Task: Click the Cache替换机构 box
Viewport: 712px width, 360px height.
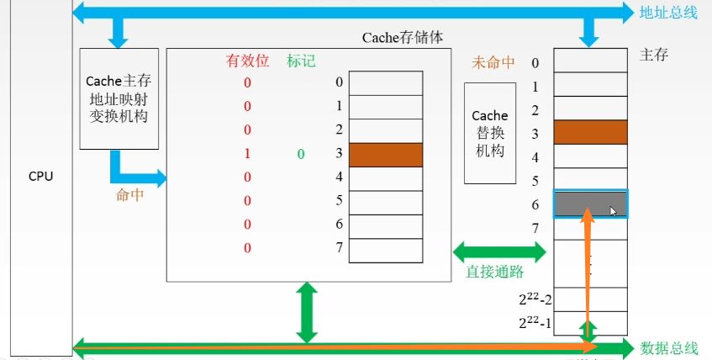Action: (x=490, y=133)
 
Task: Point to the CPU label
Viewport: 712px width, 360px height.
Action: (x=40, y=177)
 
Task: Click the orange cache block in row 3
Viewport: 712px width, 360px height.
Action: (x=386, y=155)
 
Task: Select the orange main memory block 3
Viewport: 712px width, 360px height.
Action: (x=590, y=133)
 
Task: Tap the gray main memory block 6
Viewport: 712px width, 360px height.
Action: (x=590, y=204)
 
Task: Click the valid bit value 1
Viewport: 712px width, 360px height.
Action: (x=248, y=154)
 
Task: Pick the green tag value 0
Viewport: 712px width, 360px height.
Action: (x=299, y=154)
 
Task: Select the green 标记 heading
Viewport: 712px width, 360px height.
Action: (x=300, y=61)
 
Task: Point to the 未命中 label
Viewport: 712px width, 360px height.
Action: (x=494, y=62)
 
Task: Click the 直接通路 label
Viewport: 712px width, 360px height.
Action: (x=496, y=271)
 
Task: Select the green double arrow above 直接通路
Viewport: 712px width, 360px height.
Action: (x=499, y=250)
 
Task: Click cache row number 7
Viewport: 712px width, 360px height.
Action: (x=338, y=249)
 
